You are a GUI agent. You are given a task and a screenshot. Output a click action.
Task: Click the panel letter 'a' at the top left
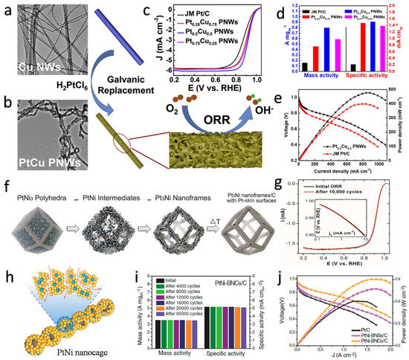coord(6,7)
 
